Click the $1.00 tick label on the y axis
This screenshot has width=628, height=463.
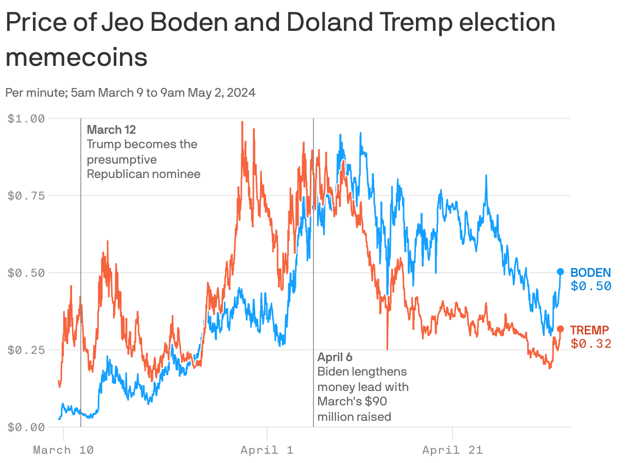(x=27, y=118)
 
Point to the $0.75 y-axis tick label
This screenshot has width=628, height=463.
(x=27, y=195)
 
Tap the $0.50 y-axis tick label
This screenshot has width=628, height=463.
(x=27, y=273)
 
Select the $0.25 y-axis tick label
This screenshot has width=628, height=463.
(x=27, y=350)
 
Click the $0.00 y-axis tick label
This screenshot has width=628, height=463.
(x=27, y=427)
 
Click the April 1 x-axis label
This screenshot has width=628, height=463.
(x=267, y=450)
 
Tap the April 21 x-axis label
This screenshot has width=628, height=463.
(x=452, y=450)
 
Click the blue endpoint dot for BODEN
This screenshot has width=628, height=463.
(x=560, y=272)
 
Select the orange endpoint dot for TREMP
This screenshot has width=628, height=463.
(x=560, y=329)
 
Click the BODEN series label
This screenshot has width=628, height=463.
(x=590, y=273)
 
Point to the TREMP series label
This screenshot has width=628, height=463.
(x=589, y=330)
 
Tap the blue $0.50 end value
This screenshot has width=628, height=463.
(x=590, y=287)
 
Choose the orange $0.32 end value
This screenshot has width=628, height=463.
(x=590, y=344)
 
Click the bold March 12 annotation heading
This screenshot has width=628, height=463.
(x=111, y=130)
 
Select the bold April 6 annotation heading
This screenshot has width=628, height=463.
(x=335, y=357)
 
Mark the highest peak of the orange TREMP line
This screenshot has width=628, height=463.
(x=242, y=122)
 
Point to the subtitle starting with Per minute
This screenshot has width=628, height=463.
(x=130, y=93)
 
